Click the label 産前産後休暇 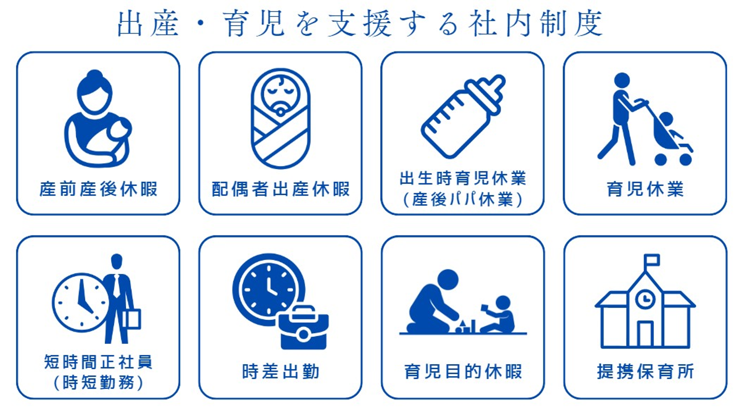click(98, 189)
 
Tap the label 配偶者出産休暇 click(281, 189)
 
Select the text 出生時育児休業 click(463, 178)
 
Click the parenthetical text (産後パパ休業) click(463, 199)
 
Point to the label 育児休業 click(645, 189)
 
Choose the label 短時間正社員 click(98, 362)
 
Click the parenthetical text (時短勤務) click(98, 383)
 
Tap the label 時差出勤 click(281, 371)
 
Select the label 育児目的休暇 click(463, 371)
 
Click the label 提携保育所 click(645, 371)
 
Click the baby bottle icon click(463, 116)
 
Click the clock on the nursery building click(645, 299)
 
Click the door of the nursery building click(645, 334)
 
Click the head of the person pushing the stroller click(622, 81)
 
